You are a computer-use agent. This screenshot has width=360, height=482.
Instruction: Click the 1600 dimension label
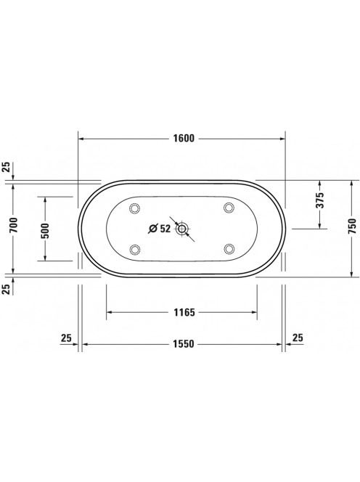pos(184,139)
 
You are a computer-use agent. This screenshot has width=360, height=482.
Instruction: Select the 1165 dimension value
pos(184,312)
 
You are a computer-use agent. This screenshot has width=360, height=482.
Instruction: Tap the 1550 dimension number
pos(184,343)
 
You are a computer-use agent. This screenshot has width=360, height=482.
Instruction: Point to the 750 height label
pos(352,226)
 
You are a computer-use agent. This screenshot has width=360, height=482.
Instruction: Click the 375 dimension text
pos(320,200)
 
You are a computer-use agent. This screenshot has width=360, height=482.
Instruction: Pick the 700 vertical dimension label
pos(14,225)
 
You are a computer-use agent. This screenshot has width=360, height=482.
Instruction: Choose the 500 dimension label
pos(45,231)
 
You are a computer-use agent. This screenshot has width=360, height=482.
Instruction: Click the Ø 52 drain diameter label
pos(160,229)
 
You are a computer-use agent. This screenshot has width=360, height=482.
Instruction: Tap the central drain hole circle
pos(181,229)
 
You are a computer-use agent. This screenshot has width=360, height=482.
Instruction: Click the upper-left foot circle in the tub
pos(135,208)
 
